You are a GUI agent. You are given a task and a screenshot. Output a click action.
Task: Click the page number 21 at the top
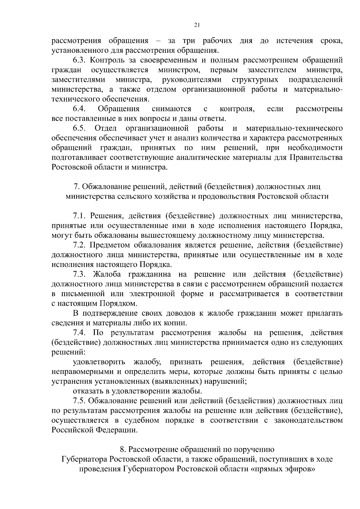point(197,25)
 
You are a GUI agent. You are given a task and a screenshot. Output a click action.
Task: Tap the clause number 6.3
point(79,60)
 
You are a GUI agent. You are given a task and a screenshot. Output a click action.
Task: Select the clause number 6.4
point(79,109)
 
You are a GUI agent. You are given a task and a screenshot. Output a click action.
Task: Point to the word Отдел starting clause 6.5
point(106,128)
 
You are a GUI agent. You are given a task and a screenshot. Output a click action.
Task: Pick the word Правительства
point(316,157)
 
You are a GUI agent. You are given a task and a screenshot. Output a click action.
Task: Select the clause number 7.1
point(79,216)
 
